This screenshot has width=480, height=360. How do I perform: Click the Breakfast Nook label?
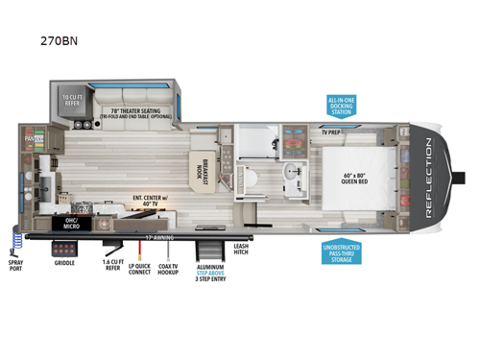(200, 167)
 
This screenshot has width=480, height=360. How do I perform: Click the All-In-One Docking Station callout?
(341, 107)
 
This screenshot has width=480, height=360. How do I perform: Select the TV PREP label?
(332, 132)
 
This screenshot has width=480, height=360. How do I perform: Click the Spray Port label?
(15, 265)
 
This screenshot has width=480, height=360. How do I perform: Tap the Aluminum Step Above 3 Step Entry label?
(210, 275)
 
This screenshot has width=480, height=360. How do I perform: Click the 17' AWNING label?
(153, 235)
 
